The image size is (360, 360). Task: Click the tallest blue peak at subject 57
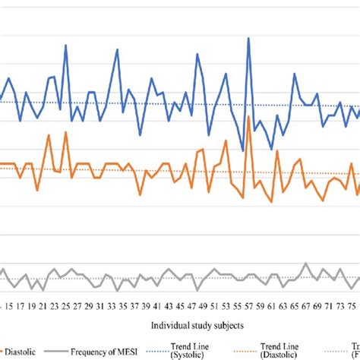point(248,39)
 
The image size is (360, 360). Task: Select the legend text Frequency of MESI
point(118,352)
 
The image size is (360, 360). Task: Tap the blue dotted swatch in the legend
point(173,352)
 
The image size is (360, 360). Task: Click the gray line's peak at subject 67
point(305,264)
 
